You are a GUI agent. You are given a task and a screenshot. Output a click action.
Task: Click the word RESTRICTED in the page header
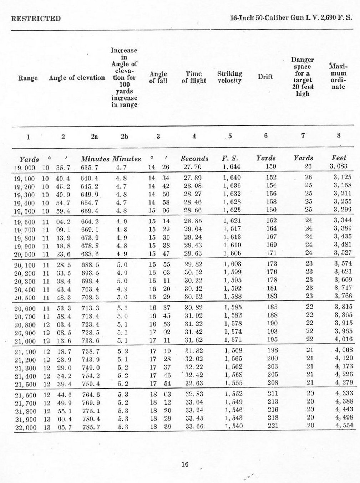(x=36, y=19)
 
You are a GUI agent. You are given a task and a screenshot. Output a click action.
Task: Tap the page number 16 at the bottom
(x=184, y=464)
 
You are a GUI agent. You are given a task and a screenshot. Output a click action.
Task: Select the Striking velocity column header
(x=229, y=77)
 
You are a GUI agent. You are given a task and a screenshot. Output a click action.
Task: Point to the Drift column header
(x=265, y=77)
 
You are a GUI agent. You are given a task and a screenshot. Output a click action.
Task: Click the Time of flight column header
(x=194, y=77)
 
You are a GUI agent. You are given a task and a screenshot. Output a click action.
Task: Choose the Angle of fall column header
(x=158, y=77)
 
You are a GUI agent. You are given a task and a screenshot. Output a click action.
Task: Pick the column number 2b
(x=124, y=136)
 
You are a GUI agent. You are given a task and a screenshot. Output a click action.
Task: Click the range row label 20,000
(x=25, y=254)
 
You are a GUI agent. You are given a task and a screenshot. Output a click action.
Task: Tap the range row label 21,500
(x=25, y=384)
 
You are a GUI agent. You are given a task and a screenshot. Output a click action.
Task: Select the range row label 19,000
(x=25, y=167)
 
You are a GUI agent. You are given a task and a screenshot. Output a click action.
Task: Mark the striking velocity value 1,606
(x=232, y=253)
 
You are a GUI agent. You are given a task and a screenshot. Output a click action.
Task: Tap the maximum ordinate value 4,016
(x=343, y=339)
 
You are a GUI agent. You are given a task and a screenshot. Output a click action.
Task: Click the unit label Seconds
(x=194, y=159)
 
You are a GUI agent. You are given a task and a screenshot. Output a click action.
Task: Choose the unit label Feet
(x=339, y=158)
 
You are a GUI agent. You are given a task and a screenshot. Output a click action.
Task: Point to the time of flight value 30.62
(x=193, y=296)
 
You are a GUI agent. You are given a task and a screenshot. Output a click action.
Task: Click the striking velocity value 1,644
(x=232, y=166)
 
